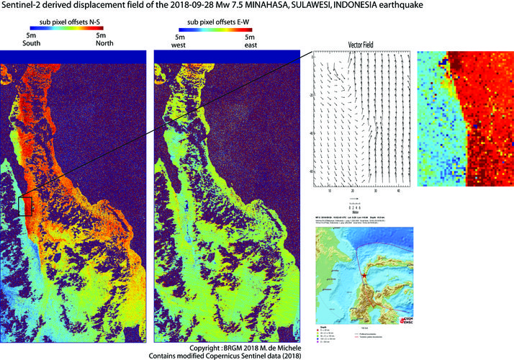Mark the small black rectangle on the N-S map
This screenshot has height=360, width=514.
click(26, 205)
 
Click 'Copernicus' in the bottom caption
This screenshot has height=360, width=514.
click(220, 355)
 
